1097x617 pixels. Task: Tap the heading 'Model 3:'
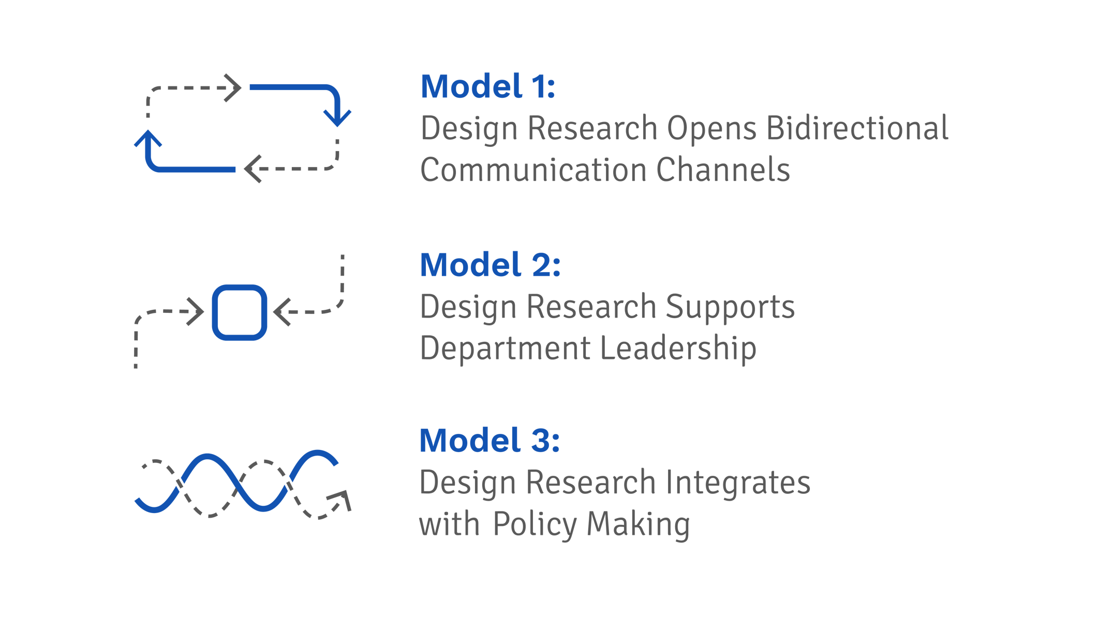490,441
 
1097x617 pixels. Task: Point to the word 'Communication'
533,170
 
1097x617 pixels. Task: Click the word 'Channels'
723,170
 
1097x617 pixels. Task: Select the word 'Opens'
711,129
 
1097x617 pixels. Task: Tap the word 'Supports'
730,308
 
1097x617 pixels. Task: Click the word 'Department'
505,349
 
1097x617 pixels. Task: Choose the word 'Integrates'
737,483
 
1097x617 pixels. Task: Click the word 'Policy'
535,525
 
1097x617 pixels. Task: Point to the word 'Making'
638,525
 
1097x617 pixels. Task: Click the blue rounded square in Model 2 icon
240,312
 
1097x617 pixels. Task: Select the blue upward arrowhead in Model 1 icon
148,139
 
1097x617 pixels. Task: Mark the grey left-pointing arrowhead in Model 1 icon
252,169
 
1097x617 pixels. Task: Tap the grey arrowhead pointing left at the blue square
282,312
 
